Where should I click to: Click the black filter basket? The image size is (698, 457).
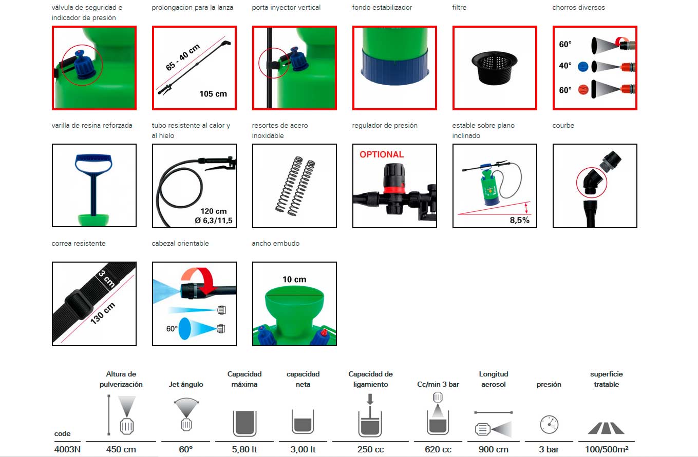click(x=494, y=68)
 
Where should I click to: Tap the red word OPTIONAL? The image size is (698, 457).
click(x=382, y=154)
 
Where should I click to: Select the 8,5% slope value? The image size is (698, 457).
click(x=519, y=220)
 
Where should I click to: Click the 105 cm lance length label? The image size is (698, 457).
click(x=213, y=94)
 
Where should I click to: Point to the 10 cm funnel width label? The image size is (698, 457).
click(x=294, y=280)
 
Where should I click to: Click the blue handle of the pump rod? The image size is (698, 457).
click(x=93, y=163)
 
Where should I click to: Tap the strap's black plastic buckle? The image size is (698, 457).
click(x=79, y=304)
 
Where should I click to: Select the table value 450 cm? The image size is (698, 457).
click(x=121, y=449)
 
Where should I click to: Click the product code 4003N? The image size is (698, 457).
click(x=67, y=449)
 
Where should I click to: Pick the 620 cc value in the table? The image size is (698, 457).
click(x=438, y=449)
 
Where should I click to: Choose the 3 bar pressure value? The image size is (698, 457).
click(x=549, y=449)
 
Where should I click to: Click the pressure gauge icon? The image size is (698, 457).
click(x=549, y=424)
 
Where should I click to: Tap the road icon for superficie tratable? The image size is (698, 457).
click(x=606, y=428)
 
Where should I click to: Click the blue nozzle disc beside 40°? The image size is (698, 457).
click(x=583, y=67)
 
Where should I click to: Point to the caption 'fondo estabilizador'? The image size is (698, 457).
click(x=382, y=8)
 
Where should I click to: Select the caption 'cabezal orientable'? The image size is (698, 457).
click(x=180, y=243)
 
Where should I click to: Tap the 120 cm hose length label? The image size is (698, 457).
click(x=214, y=211)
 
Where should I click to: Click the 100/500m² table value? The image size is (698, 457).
click(x=607, y=449)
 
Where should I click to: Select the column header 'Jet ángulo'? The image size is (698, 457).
click(x=186, y=384)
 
